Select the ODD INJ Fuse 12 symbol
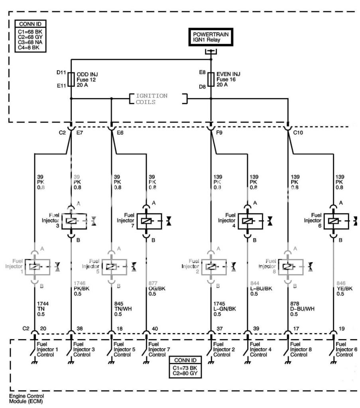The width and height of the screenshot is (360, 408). pyautogui.click(x=71, y=79)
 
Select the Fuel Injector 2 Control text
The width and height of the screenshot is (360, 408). pyautogui.click(x=222, y=349)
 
